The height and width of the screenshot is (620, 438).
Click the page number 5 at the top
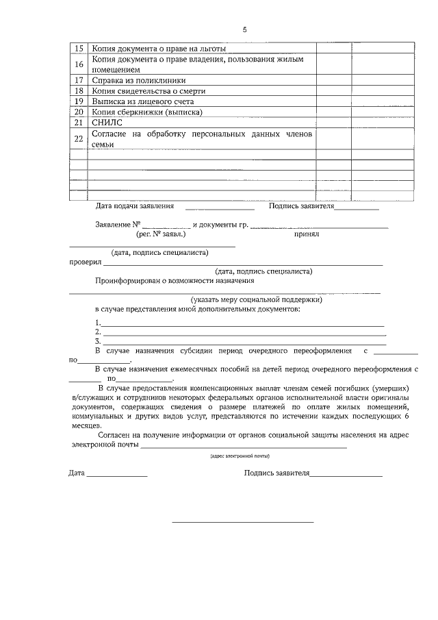click(244, 29)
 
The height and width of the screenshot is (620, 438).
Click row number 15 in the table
click(79, 48)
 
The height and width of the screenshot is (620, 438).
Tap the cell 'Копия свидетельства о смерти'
click(148, 90)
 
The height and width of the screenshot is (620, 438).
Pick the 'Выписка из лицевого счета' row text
click(140, 101)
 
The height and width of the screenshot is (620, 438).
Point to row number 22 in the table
click(79, 138)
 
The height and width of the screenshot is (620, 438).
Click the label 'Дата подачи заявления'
click(135, 206)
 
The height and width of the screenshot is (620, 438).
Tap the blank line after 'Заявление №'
click(166, 225)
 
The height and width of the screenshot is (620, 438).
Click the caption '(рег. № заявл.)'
click(161, 234)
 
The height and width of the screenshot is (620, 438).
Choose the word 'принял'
click(307, 234)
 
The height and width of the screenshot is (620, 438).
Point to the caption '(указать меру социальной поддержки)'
click(256, 299)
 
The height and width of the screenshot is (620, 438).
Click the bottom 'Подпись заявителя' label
click(277, 473)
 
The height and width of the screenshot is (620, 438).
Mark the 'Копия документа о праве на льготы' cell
click(159, 48)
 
